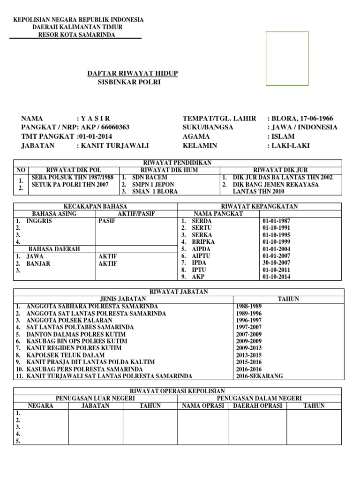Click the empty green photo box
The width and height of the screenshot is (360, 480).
coord(287,59)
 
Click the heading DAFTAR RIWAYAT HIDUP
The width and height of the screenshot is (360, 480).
coord(133,74)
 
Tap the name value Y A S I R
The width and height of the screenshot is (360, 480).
coord(95,118)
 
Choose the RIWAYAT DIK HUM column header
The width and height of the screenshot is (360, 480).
coord(169,170)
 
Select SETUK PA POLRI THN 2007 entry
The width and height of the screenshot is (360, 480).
coord(70,184)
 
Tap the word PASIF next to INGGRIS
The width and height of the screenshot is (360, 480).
coord(107,221)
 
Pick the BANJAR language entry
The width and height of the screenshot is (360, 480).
coord(38,263)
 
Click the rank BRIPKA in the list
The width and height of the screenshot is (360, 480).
coord(203,242)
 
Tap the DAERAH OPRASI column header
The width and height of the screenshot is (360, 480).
coord(257,405)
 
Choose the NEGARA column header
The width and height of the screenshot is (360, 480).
coord(41,405)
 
